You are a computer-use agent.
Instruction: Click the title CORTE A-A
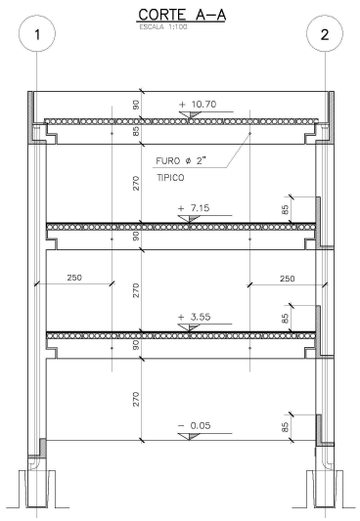(x=182, y=15)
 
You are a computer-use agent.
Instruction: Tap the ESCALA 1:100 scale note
(x=163, y=27)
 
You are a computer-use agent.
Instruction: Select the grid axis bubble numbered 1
(x=37, y=33)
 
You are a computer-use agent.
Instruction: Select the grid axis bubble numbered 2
(x=325, y=33)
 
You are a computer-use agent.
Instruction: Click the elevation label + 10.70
(x=198, y=105)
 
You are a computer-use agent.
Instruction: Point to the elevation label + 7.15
(x=194, y=208)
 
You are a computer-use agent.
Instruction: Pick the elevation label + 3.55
(x=194, y=317)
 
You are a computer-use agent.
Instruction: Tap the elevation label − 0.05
(x=194, y=425)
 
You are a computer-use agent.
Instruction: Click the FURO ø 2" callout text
(x=181, y=161)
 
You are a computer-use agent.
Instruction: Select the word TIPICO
(x=170, y=178)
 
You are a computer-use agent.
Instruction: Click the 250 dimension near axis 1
(x=74, y=278)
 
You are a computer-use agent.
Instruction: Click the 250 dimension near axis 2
(x=287, y=279)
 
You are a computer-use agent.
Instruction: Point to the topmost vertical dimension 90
(x=136, y=105)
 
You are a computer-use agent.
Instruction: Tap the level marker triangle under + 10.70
(x=189, y=115)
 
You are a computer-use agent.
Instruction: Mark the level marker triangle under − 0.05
(x=189, y=436)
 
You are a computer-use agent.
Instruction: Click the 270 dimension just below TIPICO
(x=136, y=184)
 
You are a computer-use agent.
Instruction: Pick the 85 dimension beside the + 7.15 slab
(x=285, y=210)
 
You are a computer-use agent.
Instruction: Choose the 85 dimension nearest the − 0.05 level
(x=285, y=427)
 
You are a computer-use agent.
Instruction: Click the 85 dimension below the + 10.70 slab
(x=136, y=131)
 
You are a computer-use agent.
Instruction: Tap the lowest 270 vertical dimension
(x=136, y=400)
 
